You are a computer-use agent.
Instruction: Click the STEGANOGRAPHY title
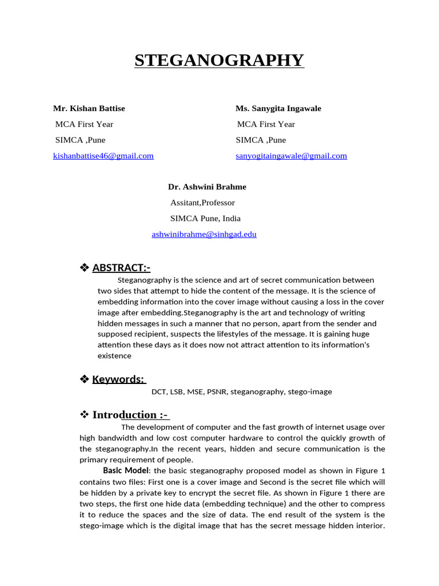[219, 60]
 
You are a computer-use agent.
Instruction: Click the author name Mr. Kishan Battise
[89, 108]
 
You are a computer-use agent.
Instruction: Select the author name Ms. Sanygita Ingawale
[278, 108]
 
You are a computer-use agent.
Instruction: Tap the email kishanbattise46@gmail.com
[103, 156]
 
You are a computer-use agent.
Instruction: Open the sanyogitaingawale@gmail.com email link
[291, 156]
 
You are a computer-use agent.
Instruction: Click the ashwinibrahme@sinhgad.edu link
[204, 234]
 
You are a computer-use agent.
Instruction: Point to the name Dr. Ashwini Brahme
[207, 187]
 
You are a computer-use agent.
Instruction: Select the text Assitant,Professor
[202, 203]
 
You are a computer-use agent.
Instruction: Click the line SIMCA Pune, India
[205, 218]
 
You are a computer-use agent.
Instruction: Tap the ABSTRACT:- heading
[121, 268]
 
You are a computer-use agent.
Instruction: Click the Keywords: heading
[118, 379]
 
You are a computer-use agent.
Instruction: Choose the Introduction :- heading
[131, 415]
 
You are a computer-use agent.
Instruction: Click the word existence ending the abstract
[114, 356]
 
